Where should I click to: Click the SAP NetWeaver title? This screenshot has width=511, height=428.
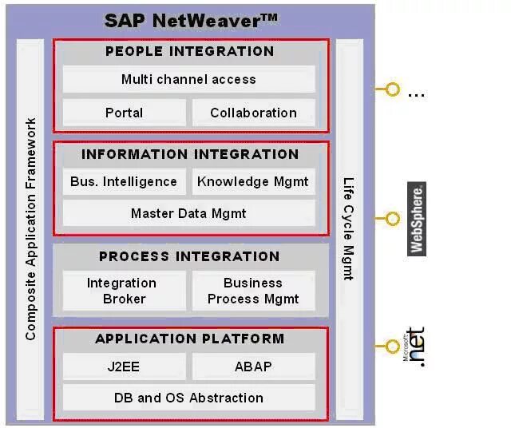point(191,20)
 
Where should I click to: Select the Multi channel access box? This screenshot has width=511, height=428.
point(189,79)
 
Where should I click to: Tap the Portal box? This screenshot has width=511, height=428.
point(124,113)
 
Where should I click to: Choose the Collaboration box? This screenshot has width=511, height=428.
point(253,113)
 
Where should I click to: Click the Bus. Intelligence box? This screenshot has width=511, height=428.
point(124,181)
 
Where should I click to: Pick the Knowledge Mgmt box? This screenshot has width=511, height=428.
point(253,181)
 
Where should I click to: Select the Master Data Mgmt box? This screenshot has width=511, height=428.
point(189,213)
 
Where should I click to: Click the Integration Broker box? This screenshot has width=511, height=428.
point(123,291)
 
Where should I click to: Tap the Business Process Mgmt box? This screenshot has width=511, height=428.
point(253,291)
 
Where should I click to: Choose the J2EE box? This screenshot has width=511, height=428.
point(124,367)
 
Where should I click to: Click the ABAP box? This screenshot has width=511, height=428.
point(253,367)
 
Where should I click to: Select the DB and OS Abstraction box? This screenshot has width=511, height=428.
point(189,398)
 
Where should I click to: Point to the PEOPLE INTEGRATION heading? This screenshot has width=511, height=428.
point(190,51)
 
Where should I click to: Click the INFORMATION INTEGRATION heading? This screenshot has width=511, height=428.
point(190,154)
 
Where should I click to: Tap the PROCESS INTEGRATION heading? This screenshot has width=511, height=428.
point(190,256)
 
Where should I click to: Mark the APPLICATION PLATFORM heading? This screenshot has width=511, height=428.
point(190,339)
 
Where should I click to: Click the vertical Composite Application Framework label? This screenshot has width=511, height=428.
point(31,229)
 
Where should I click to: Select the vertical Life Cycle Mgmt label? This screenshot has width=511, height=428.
point(348,229)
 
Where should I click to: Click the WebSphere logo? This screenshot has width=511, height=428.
point(417,219)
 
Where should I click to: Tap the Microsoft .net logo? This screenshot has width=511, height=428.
point(415,347)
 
